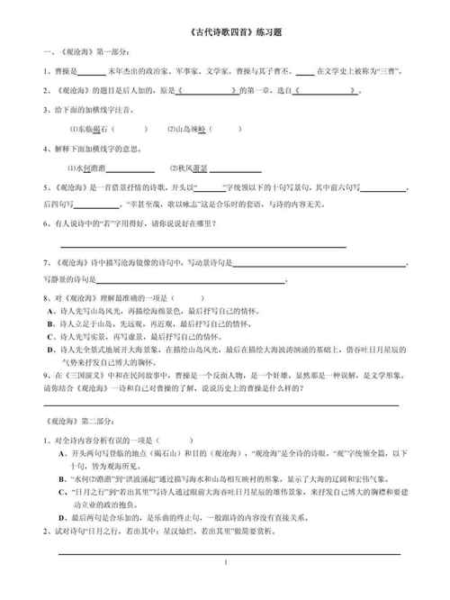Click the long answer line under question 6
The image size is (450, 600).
[202, 245]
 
